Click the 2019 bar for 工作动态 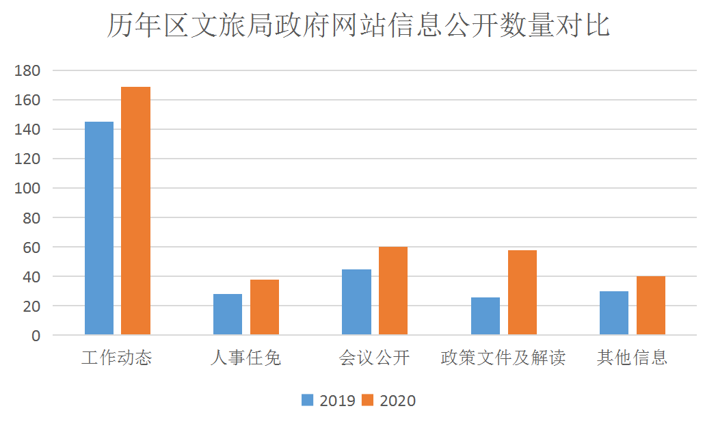(x=99, y=228)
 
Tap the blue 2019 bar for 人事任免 (x=228, y=315)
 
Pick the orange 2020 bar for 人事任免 (x=265, y=307)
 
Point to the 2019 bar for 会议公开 (x=356, y=302)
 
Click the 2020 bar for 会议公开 (x=393, y=291)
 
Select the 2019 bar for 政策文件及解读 (x=486, y=316)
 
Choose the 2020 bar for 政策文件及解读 (x=522, y=293)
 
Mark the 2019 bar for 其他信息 (x=614, y=313)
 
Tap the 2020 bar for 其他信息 (x=651, y=306)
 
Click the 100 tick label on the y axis (x=29, y=188)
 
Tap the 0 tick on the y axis (x=36, y=336)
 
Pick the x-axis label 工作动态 (x=117, y=358)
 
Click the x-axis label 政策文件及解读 (x=503, y=358)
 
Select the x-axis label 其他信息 (x=633, y=358)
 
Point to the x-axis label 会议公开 (x=375, y=358)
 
